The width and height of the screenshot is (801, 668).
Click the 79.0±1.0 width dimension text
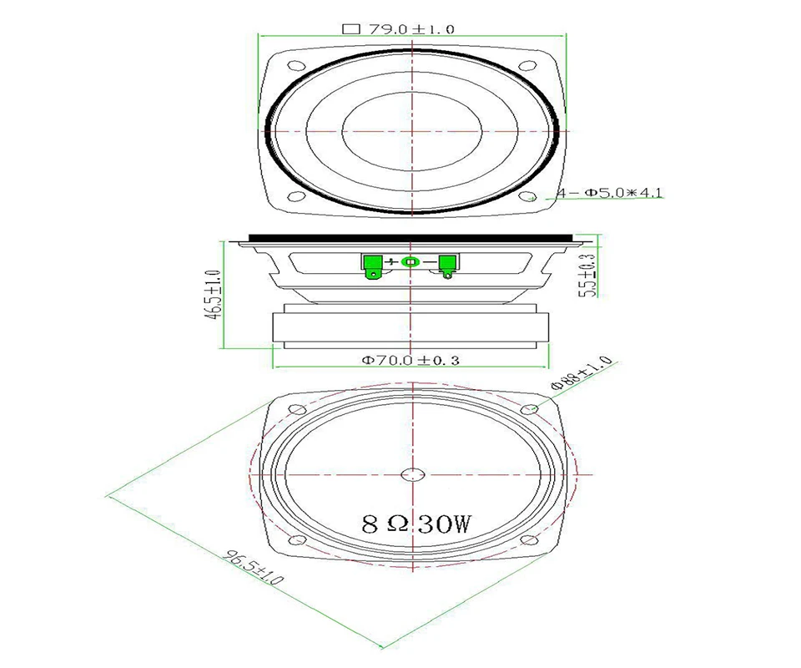click(x=411, y=29)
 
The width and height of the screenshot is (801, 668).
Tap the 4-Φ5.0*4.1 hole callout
click(x=609, y=193)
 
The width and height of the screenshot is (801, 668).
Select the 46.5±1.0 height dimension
click(x=213, y=295)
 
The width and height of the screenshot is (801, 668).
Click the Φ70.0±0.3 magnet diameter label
click(x=411, y=361)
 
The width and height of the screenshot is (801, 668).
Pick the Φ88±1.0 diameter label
click(x=581, y=373)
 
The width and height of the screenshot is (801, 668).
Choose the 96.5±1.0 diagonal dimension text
click(x=254, y=567)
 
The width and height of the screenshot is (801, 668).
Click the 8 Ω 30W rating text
click(x=416, y=524)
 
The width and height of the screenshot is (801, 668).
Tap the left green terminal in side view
click(x=371, y=267)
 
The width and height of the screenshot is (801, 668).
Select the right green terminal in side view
click(x=447, y=266)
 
